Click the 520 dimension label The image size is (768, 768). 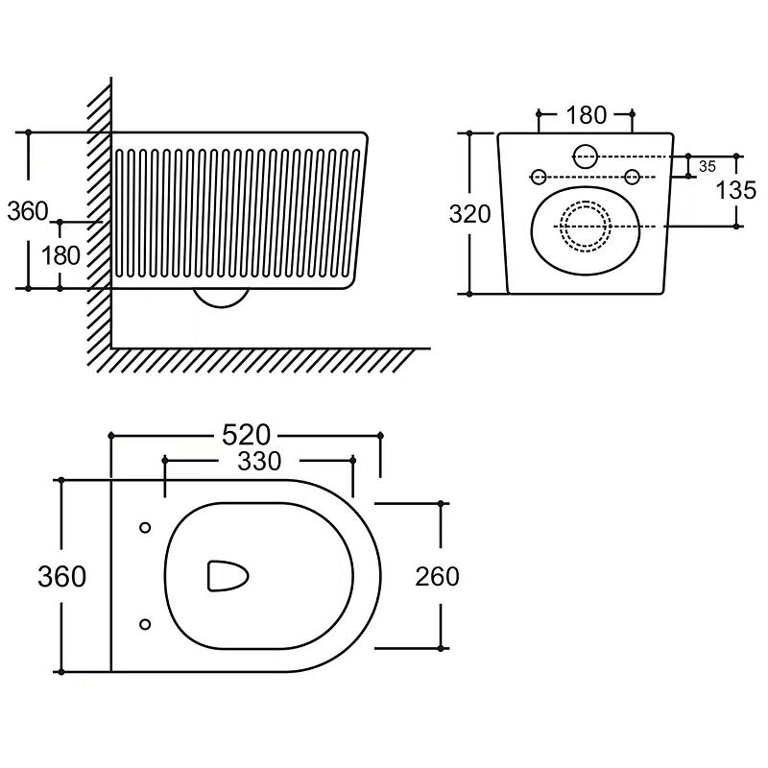point(246,435)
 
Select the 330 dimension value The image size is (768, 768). point(259,462)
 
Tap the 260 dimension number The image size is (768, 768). point(437,576)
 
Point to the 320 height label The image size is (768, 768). point(469,213)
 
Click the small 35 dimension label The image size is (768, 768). point(708,166)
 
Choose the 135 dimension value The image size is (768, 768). point(736,190)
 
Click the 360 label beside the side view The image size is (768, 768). point(27,210)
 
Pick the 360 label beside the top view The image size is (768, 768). point(61,576)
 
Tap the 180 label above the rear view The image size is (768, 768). point(586,115)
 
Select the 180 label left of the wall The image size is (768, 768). point(60,255)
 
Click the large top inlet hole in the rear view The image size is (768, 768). point(585,155)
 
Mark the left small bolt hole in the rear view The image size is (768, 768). point(539,177)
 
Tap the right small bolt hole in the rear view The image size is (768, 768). point(632,177)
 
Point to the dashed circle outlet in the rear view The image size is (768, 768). point(585,227)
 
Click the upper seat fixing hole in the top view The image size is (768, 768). point(145,527)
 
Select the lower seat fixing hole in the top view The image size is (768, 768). point(145,625)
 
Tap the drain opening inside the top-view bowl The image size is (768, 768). point(228,576)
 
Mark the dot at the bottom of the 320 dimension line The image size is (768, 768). point(469,293)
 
